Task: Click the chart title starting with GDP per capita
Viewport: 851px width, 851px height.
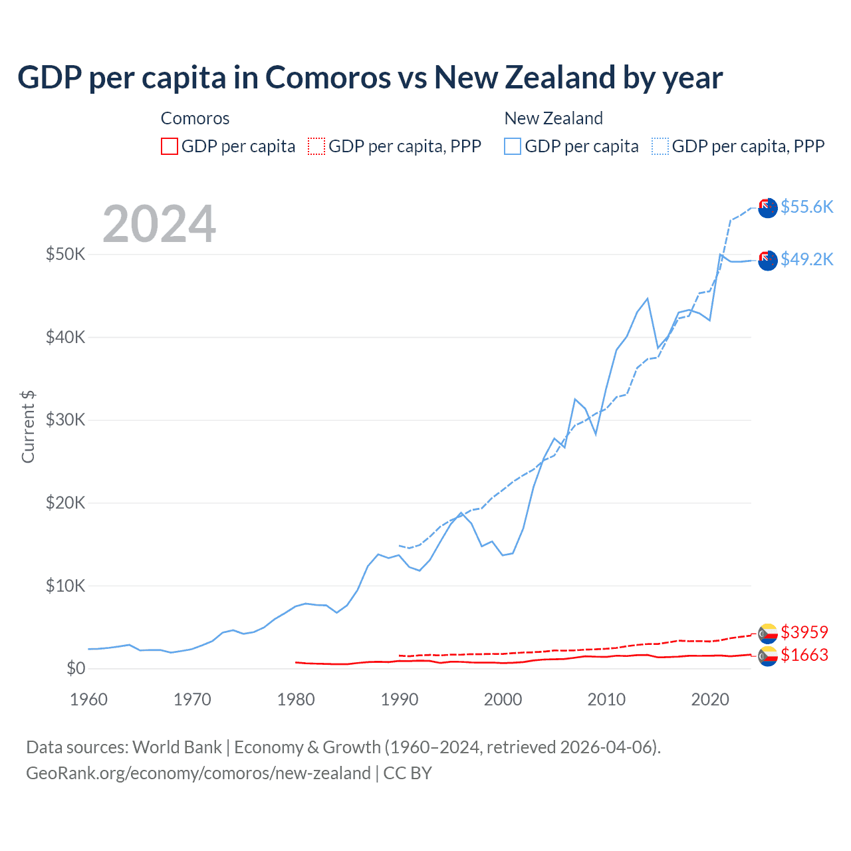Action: tap(370, 78)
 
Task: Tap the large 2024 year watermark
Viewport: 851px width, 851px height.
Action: tap(159, 224)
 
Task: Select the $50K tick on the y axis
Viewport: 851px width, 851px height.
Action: tap(65, 254)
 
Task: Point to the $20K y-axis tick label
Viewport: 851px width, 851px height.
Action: tap(65, 503)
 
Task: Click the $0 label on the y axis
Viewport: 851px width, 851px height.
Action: tap(76, 668)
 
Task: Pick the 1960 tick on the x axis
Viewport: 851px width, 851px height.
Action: tap(88, 699)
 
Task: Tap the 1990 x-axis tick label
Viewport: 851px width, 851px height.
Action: tap(399, 699)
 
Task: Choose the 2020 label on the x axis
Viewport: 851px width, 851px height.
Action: tap(710, 699)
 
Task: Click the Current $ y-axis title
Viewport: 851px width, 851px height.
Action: tap(28, 427)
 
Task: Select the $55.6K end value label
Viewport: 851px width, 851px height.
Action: tap(806, 207)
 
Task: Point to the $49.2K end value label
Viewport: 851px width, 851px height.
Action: tap(806, 259)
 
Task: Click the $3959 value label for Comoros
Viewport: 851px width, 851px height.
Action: tap(804, 632)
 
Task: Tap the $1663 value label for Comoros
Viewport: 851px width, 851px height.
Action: tap(804, 655)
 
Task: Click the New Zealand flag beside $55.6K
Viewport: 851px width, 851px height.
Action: tap(768, 207)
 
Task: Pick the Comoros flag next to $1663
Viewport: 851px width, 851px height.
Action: tap(768, 656)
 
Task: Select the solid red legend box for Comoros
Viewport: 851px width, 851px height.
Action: tap(170, 146)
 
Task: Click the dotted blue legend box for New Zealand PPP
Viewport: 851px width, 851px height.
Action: tap(660, 146)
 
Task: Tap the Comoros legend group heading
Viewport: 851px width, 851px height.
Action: tap(195, 118)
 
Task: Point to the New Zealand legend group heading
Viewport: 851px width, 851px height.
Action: tap(553, 118)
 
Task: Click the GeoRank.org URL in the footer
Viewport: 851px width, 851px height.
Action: tap(198, 773)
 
